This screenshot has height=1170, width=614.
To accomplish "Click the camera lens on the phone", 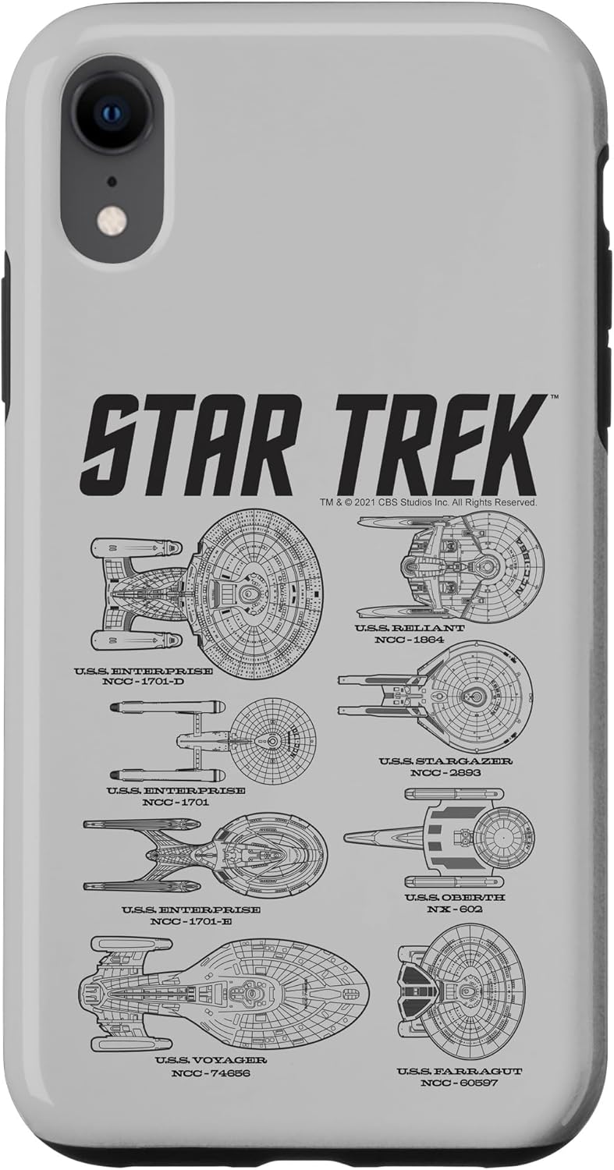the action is [112, 112].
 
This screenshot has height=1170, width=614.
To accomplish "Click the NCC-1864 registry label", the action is [410, 640].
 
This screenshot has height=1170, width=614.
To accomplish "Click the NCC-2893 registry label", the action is [445, 772].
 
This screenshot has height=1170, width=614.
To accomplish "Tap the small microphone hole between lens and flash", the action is [112, 181].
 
